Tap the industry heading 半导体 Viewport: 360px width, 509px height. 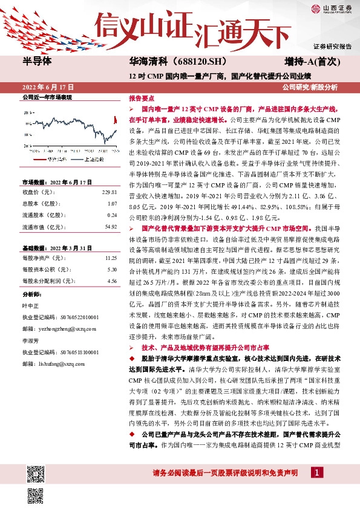tap(37, 62)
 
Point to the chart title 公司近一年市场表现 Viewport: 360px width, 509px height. tap(47, 97)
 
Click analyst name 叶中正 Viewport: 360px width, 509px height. tap(31, 305)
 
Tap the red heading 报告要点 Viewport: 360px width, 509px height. tap(140, 97)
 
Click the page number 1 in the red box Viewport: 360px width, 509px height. tap(316, 472)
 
